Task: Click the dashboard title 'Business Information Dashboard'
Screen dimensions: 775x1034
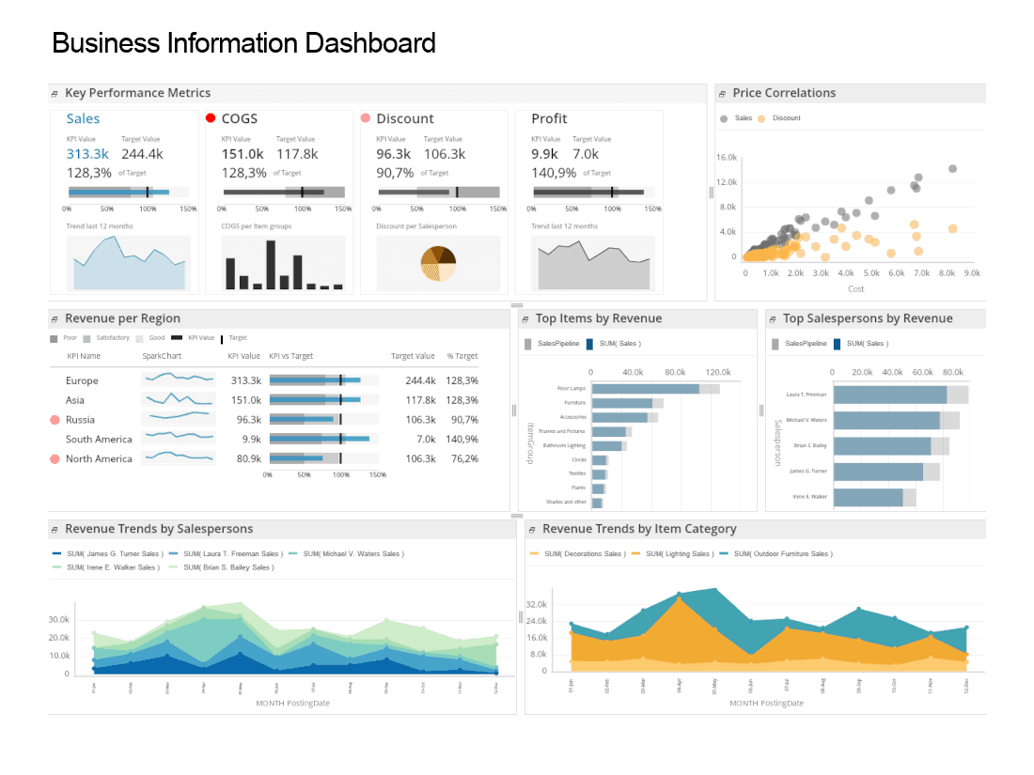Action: (x=243, y=43)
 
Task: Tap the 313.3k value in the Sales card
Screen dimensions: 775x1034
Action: (x=87, y=154)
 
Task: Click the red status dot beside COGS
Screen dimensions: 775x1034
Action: (x=211, y=118)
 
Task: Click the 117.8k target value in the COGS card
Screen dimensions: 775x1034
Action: (x=297, y=154)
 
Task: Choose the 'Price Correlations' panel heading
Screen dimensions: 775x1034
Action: (x=784, y=93)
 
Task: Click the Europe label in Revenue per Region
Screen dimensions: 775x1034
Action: (x=82, y=380)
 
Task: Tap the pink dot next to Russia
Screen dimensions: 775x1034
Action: (x=55, y=419)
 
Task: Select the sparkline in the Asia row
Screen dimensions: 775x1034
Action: (x=178, y=399)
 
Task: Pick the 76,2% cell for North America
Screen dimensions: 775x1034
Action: (x=462, y=458)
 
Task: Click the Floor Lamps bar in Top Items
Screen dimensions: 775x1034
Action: (x=646, y=389)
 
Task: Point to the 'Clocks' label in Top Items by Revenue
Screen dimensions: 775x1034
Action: (x=578, y=460)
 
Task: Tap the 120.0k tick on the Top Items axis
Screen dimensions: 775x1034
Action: (x=718, y=371)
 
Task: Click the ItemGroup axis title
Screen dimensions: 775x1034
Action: (x=531, y=441)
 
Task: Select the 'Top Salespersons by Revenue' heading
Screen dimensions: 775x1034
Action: (x=868, y=318)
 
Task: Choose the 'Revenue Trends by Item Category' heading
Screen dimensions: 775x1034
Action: (x=639, y=529)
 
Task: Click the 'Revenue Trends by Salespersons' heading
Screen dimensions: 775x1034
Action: (x=159, y=529)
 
